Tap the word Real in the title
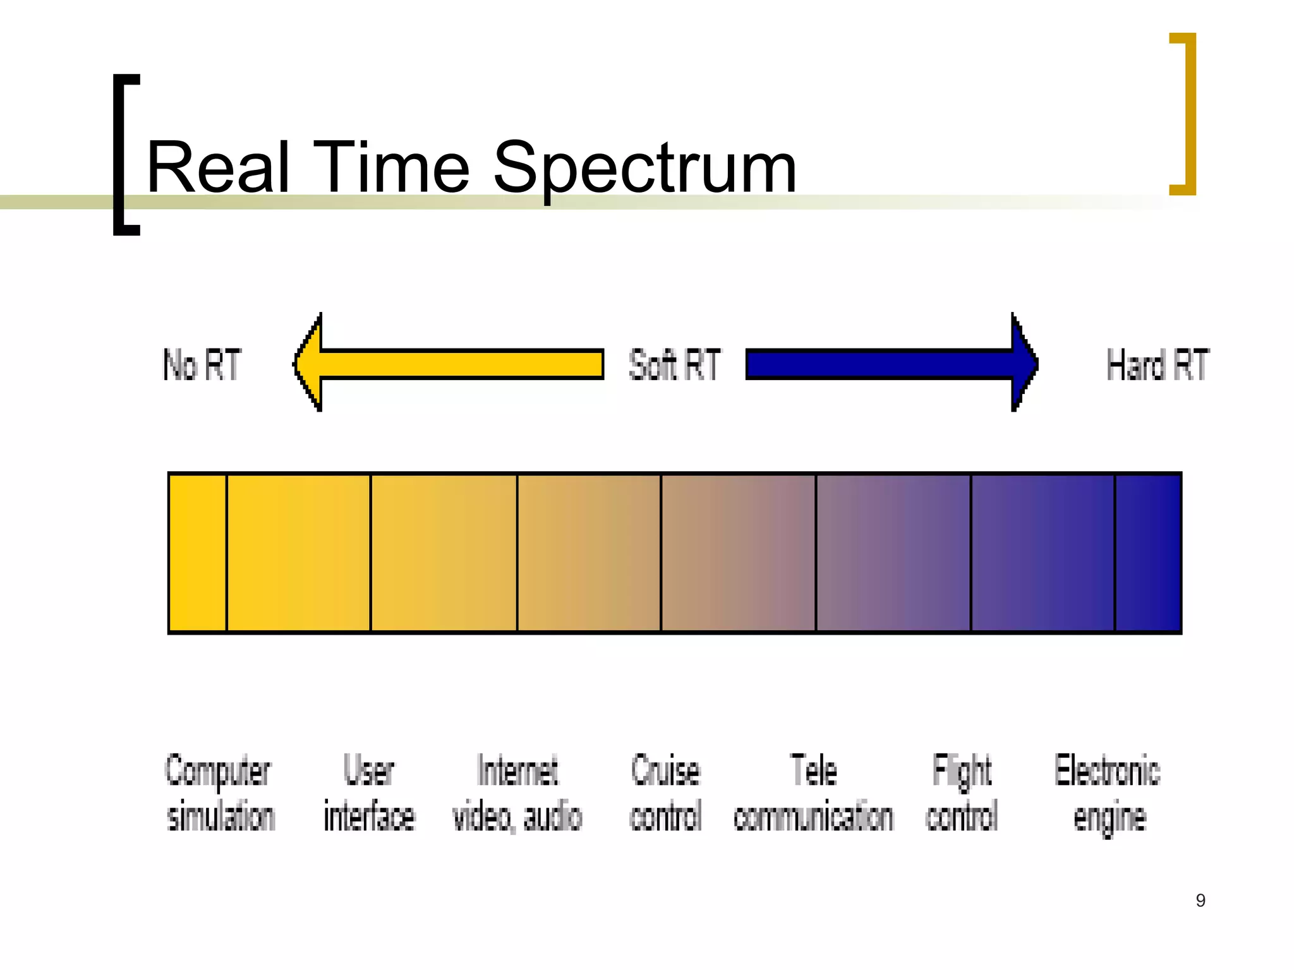point(218,168)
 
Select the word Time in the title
point(391,168)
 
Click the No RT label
point(202,364)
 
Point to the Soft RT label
point(674,364)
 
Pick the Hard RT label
point(1157,364)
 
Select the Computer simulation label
point(219,793)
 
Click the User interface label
point(369,793)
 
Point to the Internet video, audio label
point(517,793)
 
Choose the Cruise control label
point(665,793)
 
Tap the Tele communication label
point(813,793)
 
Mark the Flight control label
point(962,793)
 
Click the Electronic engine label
point(1108,793)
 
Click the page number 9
point(1200,901)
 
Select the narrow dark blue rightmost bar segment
point(1148,553)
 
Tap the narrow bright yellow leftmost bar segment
point(198,553)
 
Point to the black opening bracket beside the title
point(119,155)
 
